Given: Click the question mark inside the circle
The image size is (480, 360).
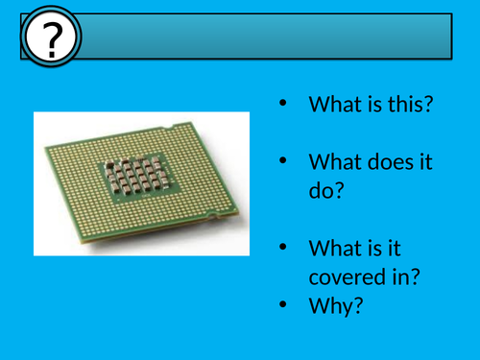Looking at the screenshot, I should point(48,39).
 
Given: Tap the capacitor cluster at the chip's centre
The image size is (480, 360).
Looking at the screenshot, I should point(136,176).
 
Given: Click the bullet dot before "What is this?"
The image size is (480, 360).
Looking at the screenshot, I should point(281,103).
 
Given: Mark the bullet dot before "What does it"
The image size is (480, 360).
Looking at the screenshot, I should point(281,161).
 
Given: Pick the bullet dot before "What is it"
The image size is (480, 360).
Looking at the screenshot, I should point(281,247).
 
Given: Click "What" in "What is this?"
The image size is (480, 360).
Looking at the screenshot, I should point(333,105).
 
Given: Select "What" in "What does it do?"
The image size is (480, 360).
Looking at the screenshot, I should point(333,163).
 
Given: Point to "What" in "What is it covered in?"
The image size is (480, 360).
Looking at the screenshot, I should point(333,249).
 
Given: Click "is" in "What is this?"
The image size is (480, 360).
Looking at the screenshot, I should point(374,105).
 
